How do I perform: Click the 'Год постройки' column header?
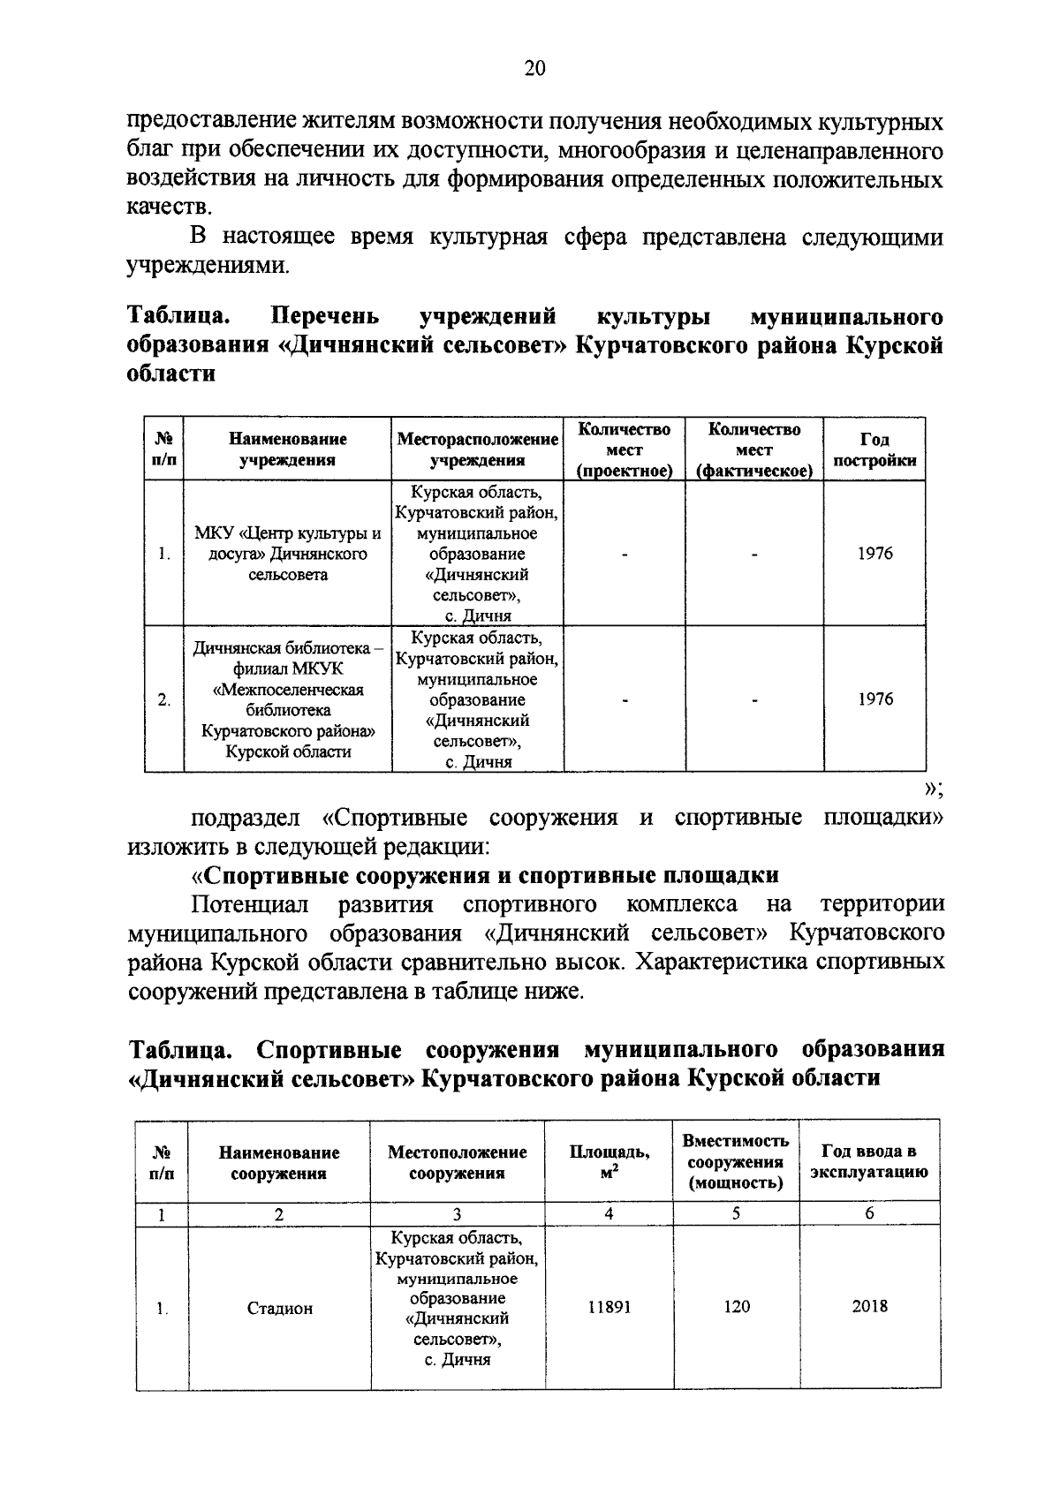click(874, 449)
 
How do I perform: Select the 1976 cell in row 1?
click(874, 554)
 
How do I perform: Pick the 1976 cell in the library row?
click(874, 699)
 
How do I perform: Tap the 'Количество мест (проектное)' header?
click(624, 449)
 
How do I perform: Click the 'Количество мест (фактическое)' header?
click(754, 449)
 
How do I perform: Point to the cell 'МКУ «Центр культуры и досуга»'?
click(287, 554)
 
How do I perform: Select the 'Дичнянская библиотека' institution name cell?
click(287, 699)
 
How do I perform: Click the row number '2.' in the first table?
click(164, 700)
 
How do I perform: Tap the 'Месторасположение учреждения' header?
click(477, 449)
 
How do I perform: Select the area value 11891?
click(609, 1308)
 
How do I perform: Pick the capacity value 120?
click(736, 1308)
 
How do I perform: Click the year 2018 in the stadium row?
click(869, 1307)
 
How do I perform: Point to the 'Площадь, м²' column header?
click(609, 1160)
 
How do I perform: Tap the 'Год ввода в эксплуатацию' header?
click(869, 1161)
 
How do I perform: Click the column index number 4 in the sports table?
click(609, 1213)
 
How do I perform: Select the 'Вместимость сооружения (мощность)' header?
click(736, 1161)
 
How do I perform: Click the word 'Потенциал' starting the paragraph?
click(251, 904)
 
